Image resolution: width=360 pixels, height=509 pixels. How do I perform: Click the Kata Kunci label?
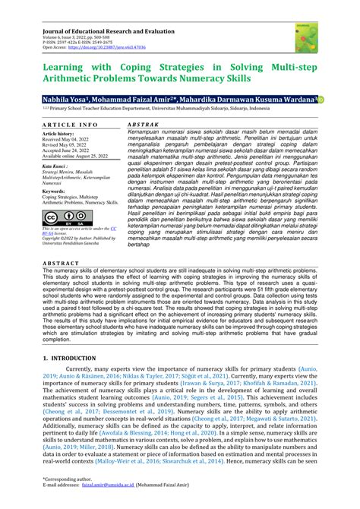tap(56, 166)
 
